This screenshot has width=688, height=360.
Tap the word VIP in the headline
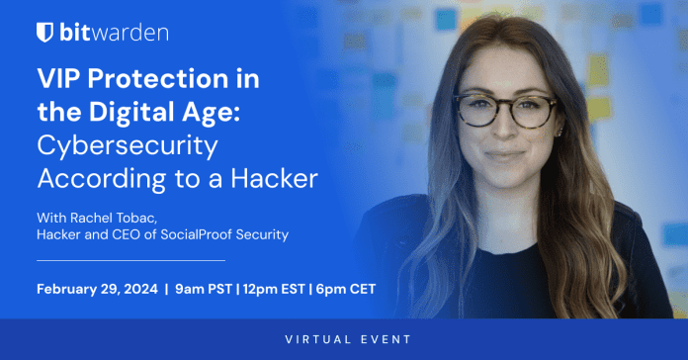(59, 81)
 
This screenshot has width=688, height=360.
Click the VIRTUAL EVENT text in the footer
(344, 339)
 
